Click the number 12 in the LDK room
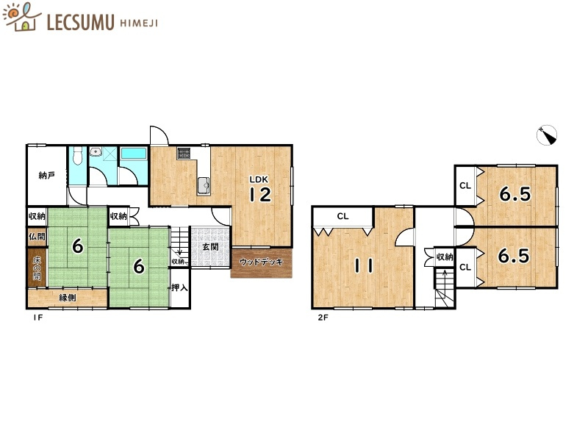pyautogui.click(x=261, y=195)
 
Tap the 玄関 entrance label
pyautogui.click(x=210, y=247)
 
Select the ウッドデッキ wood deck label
pyautogui.click(x=261, y=262)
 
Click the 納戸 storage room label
pyautogui.click(x=47, y=175)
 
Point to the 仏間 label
pyautogui.click(x=37, y=236)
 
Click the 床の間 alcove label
pyautogui.click(x=37, y=268)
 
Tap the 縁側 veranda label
pyautogui.click(x=68, y=298)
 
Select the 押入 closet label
pyautogui.click(x=179, y=287)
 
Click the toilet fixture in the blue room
pyautogui.click(x=78, y=156)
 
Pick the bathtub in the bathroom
pyautogui.click(x=134, y=154)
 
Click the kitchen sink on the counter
pyautogui.click(x=204, y=185)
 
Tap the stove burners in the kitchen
pyautogui.click(x=184, y=153)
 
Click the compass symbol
pyautogui.click(x=547, y=135)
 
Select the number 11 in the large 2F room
pyautogui.click(x=363, y=266)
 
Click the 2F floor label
pyautogui.click(x=323, y=318)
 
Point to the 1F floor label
pyautogui.click(x=38, y=318)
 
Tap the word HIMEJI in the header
pyautogui.click(x=139, y=24)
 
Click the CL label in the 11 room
pyautogui.click(x=343, y=216)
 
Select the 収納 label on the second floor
pyautogui.click(x=445, y=257)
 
